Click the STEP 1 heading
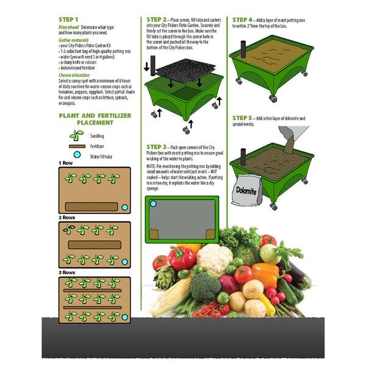click(69, 20)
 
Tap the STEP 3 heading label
click(158, 147)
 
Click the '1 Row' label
click(65, 163)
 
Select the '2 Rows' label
click(66, 218)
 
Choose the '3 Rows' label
click(66, 272)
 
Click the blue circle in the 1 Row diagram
click(124, 207)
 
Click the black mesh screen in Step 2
click(187, 73)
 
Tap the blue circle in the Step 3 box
click(153, 204)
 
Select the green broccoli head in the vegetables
click(205, 284)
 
